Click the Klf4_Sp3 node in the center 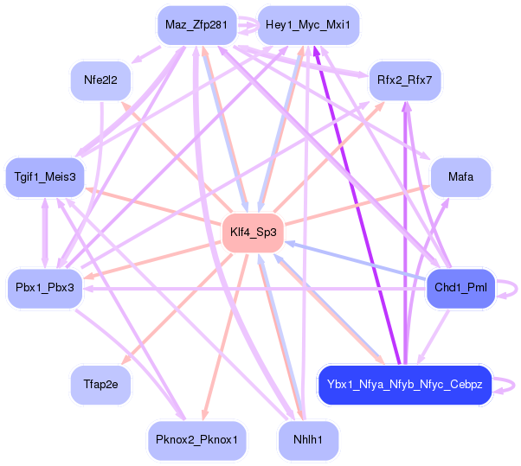click(x=254, y=232)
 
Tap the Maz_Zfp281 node click(x=196, y=25)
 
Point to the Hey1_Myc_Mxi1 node click(x=308, y=25)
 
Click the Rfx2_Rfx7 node click(x=405, y=80)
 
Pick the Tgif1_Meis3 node click(x=45, y=176)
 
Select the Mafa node click(x=460, y=176)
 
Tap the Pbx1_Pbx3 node click(x=45, y=287)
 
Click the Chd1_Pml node click(x=460, y=287)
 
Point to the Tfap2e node click(x=100, y=383)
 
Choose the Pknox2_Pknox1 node click(x=196, y=439)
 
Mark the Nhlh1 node click(x=308, y=439)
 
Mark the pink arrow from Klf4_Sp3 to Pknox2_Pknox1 click(x=227, y=329)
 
